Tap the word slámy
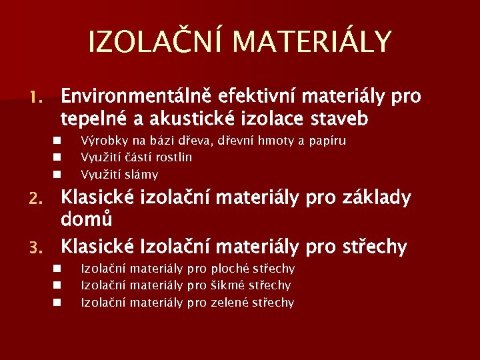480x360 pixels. pyautogui.click(x=143, y=175)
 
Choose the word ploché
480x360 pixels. pyautogui.click(x=231, y=269)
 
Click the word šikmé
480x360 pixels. pyautogui.click(x=229, y=285)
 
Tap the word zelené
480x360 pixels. pyautogui.click(x=230, y=303)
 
